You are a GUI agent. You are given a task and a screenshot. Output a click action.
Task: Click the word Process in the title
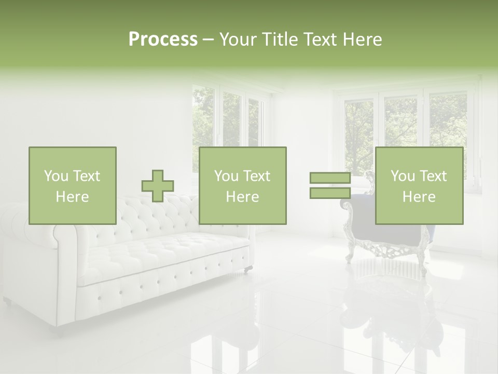coord(163,39)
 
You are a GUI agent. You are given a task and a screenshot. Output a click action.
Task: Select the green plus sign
coord(158,186)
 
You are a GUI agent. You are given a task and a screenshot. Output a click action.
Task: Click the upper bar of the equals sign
coord(330,178)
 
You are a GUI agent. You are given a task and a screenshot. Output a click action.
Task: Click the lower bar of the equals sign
coord(330,193)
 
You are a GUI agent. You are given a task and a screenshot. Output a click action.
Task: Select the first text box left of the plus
coord(73,185)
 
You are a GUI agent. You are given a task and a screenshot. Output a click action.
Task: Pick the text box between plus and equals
coord(242,185)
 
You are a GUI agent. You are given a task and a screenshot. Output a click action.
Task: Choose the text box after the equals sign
coord(419,185)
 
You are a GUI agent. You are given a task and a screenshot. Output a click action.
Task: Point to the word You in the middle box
coord(226,176)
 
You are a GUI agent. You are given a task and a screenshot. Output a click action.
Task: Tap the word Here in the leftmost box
coord(72,197)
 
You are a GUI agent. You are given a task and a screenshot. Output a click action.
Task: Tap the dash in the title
coord(208,39)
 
